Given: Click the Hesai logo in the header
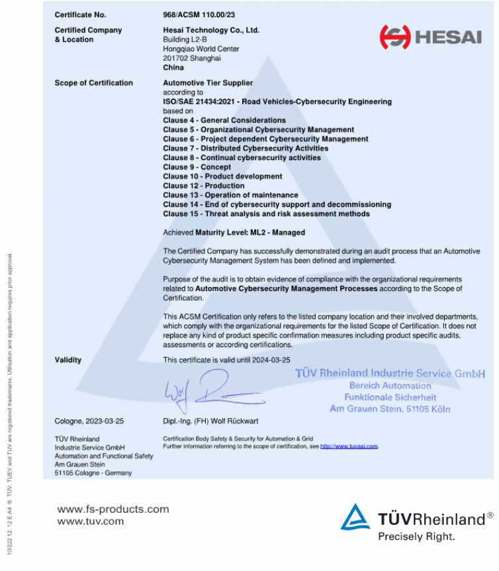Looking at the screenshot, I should coord(430,36).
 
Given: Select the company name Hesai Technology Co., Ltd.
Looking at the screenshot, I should coord(211,30).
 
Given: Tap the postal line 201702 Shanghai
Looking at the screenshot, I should coord(192,58).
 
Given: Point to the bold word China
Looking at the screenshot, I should coord(173,67).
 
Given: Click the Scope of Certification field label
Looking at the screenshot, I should coord(93,83).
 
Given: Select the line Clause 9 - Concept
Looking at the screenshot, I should coord(197,167).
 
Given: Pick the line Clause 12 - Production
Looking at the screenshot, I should coord(204,186).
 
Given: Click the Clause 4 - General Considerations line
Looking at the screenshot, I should coord(224,120).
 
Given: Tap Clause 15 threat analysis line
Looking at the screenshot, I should coord(266,214).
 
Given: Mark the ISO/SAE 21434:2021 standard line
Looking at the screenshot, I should coord(277,102).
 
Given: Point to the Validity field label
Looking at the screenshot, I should coord(68,360).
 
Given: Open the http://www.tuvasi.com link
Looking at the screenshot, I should coord(349,447).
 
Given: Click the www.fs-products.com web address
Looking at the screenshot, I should coord(113,509).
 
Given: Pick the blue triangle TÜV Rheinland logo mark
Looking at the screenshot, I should coord(355,517).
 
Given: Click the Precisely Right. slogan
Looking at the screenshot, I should coord(416,537).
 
